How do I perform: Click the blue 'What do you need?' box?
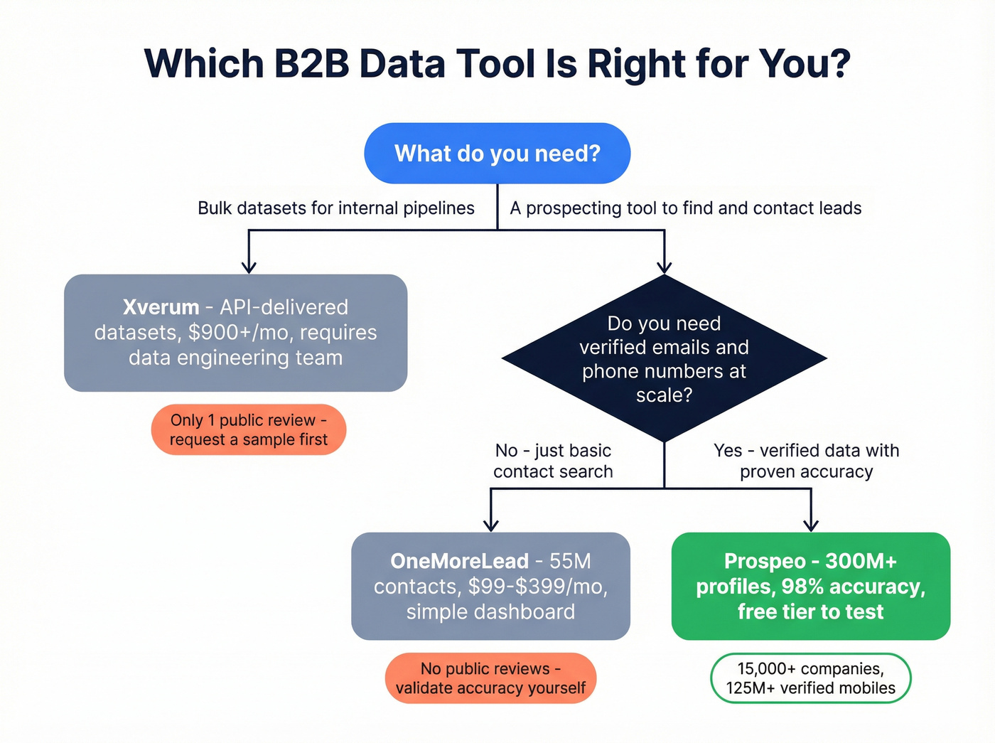click(497, 154)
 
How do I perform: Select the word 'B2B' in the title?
click(311, 64)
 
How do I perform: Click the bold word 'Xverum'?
click(161, 307)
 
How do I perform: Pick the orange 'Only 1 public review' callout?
click(249, 430)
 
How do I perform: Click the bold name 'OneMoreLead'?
click(459, 561)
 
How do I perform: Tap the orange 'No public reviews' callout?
click(490, 678)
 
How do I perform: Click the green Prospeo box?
click(810, 586)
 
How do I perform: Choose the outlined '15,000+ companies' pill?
click(810, 678)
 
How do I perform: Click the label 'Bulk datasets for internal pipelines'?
click(335, 208)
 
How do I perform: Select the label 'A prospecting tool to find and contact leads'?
click(685, 208)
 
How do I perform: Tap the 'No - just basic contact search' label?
click(553, 461)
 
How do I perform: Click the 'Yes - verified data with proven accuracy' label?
click(806, 461)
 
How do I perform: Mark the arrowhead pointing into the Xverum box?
click(249, 267)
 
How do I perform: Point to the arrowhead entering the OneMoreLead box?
click(490, 525)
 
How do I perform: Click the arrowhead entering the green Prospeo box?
click(811, 525)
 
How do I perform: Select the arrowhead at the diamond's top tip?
click(664, 267)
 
